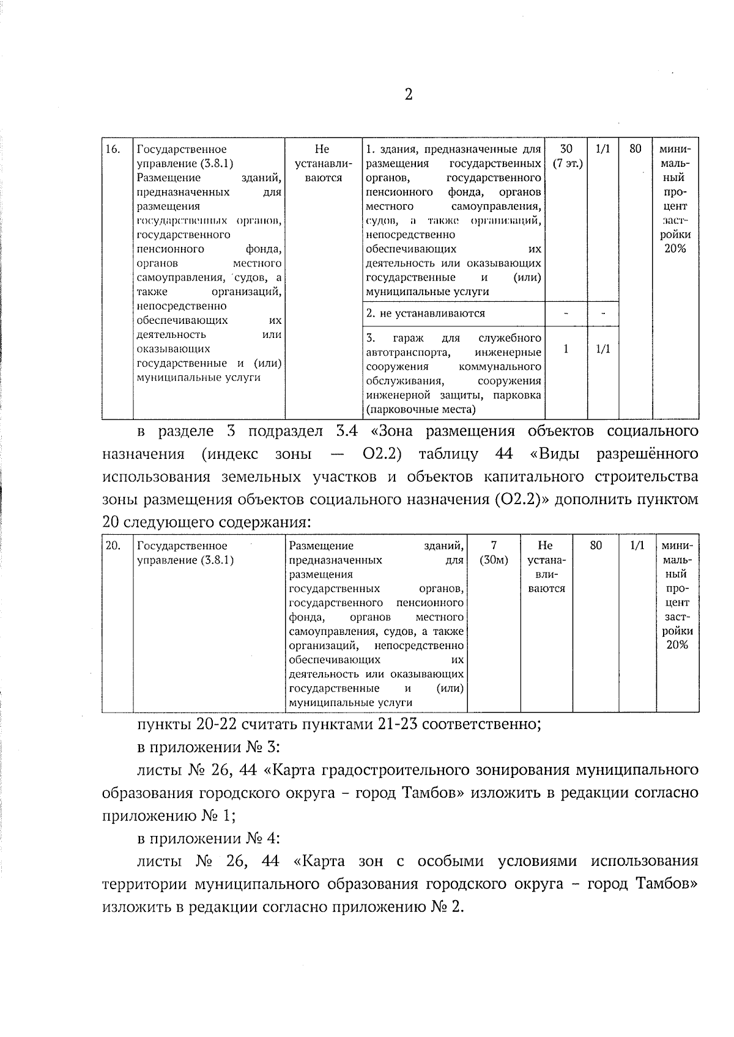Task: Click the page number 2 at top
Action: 409,95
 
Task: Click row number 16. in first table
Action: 113,149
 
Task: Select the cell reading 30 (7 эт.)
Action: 566,156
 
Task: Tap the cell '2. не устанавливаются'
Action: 425,313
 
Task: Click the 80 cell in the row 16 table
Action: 636,149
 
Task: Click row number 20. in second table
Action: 113,546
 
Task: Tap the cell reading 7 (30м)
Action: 494,552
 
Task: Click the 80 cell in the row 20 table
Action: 596,546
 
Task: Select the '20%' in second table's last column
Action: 677,645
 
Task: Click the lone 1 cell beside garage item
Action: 566,349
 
